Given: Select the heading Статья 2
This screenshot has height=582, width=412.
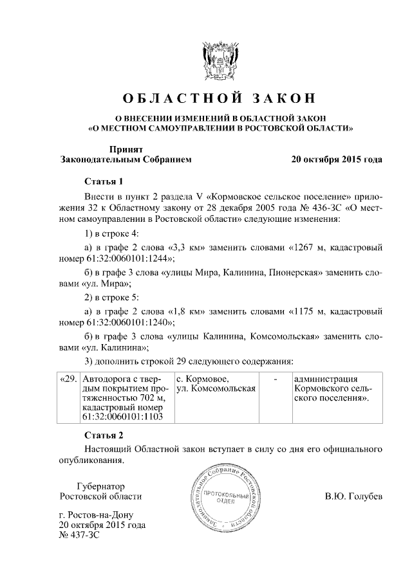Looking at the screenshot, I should [103, 435].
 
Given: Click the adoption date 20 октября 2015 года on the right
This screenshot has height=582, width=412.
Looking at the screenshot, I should [337, 159].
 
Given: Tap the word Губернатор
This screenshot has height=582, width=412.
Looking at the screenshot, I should [100, 486].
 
